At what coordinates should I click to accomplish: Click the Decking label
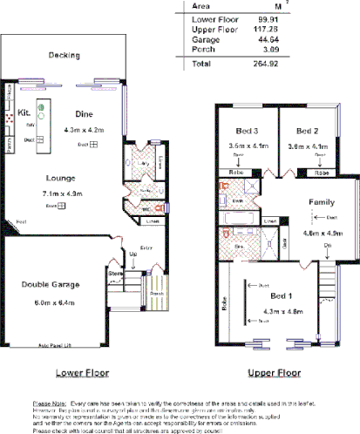pyautogui.click(x=64, y=56)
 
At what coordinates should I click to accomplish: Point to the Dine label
pyautogui.click(x=84, y=114)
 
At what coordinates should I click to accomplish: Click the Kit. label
pyautogui.click(x=24, y=113)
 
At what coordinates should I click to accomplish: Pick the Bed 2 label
pyautogui.click(x=309, y=130)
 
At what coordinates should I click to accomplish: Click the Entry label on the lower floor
pyautogui.click(x=146, y=248)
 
